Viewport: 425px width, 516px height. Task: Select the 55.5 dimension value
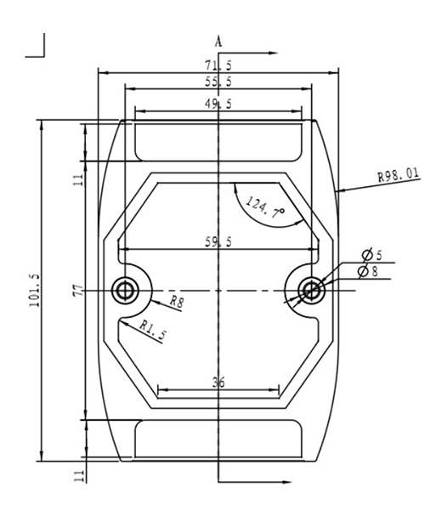pyautogui.click(x=219, y=82)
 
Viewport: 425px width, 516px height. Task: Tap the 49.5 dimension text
pyautogui.click(x=219, y=104)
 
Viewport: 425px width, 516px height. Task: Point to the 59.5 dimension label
pyautogui.click(x=219, y=242)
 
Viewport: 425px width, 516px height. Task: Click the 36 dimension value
pyautogui.click(x=218, y=383)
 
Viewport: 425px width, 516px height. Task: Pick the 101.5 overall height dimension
pyautogui.click(x=35, y=291)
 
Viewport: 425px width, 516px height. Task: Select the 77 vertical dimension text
pyautogui.click(x=78, y=291)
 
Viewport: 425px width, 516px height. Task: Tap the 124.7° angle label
pyautogui.click(x=265, y=207)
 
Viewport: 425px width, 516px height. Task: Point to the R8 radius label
pyautogui.click(x=176, y=301)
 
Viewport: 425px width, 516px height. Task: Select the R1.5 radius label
pyautogui.click(x=153, y=328)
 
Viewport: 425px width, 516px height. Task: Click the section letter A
pyautogui.click(x=218, y=41)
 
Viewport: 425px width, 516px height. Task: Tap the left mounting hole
pyautogui.click(x=127, y=290)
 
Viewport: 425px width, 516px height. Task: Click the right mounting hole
pyautogui.click(x=312, y=290)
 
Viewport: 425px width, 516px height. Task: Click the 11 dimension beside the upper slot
pyautogui.click(x=78, y=179)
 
